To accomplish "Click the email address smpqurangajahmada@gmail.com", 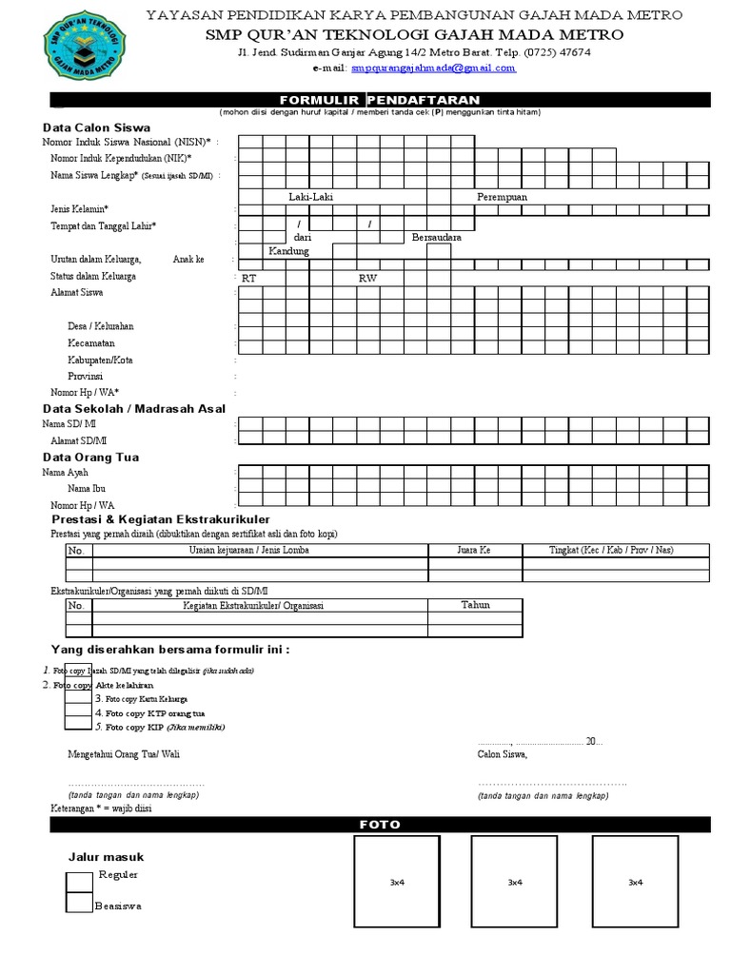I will (433, 68).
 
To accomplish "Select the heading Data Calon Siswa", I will (96, 127).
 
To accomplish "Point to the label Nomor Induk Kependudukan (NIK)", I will (121, 158).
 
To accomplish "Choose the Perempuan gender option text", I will (502, 197).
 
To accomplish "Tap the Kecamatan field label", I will (91, 342).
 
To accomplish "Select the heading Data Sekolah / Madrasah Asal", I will (134, 409).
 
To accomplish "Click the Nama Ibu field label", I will (87, 488).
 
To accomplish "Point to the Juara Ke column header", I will (473, 550).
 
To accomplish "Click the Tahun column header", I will (475, 605).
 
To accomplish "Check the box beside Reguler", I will (79, 882).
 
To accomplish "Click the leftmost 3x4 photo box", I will (397, 883).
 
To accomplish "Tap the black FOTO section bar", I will (380, 825).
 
